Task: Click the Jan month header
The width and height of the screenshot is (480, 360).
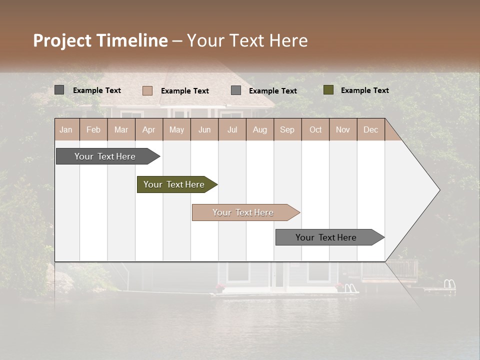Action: coord(66,129)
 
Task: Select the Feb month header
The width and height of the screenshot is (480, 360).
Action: coord(93,129)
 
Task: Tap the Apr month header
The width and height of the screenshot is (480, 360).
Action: coord(148,129)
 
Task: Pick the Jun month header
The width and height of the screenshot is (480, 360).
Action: coord(204,129)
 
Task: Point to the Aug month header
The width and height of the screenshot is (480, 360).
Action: coord(259,129)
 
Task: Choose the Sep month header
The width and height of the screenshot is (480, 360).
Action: coord(287,129)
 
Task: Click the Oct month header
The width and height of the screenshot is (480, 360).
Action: coord(315,129)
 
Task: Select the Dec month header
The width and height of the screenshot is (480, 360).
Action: coord(370,129)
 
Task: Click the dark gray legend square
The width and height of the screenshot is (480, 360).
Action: coord(59,90)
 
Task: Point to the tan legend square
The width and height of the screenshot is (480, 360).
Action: coord(147,90)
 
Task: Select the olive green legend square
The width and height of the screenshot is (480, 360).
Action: coord(328,90)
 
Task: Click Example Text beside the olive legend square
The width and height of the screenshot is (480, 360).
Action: coord(364,90)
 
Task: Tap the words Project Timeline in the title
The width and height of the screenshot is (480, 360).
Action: coord(100,40)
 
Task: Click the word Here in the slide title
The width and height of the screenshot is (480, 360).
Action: coord(288,40)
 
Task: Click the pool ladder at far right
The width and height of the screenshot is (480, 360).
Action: coord(449,285)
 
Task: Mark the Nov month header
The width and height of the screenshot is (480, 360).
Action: coord(342,129)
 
